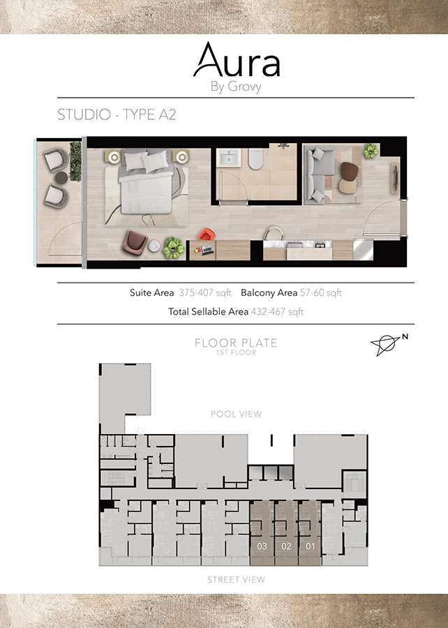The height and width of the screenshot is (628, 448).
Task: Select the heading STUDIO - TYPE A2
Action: tap(117, 115)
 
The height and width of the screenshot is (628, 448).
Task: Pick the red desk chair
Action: tap(204, 235)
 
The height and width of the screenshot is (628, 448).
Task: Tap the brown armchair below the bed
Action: tap(135, 241)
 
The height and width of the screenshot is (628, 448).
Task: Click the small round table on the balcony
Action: tap(61, 178)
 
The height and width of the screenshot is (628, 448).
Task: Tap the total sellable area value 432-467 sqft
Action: tap(277, 312)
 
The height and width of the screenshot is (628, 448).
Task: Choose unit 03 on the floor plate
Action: tap(262, 546)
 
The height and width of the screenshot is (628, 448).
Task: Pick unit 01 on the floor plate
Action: tap(311, 546)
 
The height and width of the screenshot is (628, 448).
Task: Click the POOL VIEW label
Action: tap(236, 414)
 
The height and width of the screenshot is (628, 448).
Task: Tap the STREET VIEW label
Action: tap(236, 580)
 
